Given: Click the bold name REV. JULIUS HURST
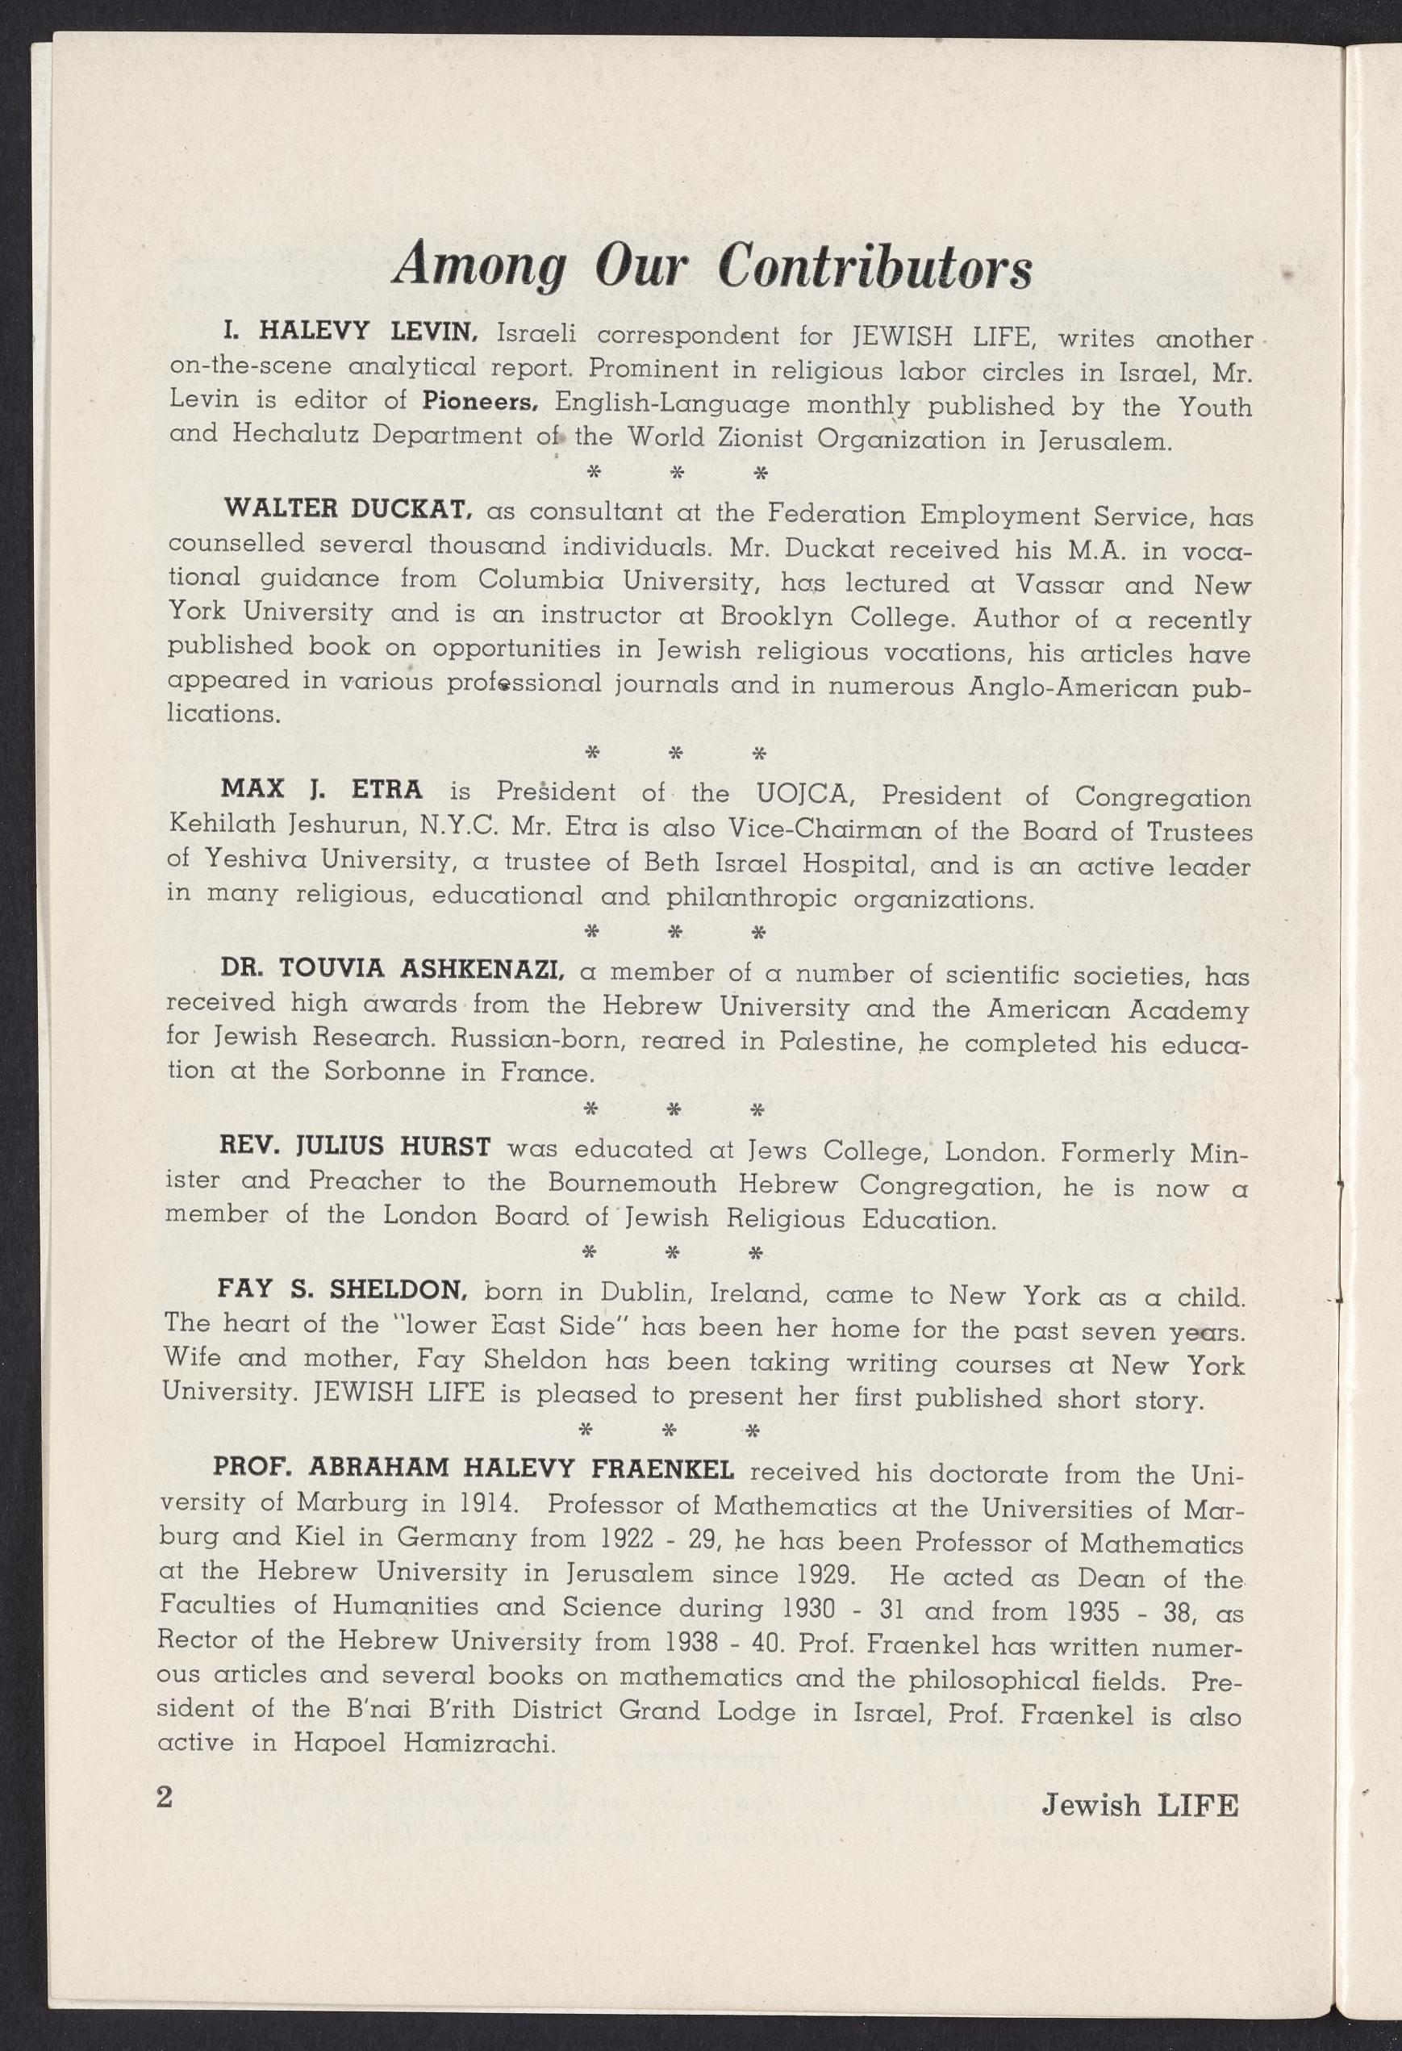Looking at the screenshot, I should click(355, 1147).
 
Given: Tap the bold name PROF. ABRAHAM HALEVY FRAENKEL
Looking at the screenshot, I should click(474, 1468).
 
